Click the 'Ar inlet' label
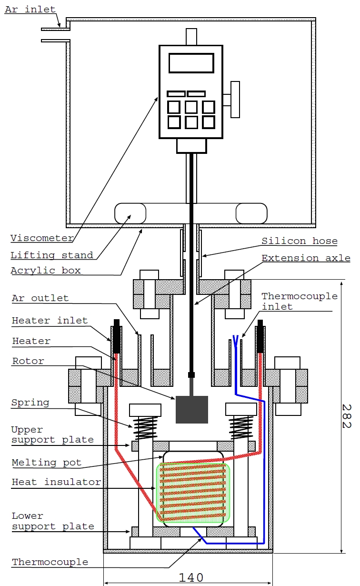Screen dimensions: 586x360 30,10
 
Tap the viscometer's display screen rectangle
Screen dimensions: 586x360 191,63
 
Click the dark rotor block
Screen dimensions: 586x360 192,409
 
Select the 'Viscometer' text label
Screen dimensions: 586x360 42,238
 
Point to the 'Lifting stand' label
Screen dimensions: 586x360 52,255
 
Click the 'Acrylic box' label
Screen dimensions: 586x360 46,271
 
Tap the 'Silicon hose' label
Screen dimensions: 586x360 300,241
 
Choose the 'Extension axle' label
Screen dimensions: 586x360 306,258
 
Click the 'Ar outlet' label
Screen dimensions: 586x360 40,298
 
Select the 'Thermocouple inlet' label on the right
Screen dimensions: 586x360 300,301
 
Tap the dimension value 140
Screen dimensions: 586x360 191,577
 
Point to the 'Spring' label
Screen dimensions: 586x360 30,403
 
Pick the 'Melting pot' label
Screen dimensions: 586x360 46,462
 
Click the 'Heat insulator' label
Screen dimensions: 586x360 56,482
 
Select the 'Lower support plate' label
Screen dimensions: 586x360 53,521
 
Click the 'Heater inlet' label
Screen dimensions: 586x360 50,321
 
